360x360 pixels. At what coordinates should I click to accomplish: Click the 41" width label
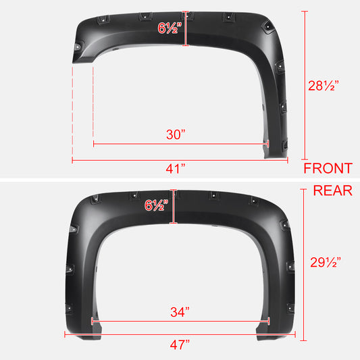click(x=178, y=169)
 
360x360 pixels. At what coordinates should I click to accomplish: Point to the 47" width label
click(x=180, y=344)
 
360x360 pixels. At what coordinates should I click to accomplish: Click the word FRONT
click(x=328, y=169)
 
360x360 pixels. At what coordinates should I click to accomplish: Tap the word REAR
click(x=332, y=190)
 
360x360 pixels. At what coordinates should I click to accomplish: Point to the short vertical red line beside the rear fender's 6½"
click(x=174, y=207)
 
